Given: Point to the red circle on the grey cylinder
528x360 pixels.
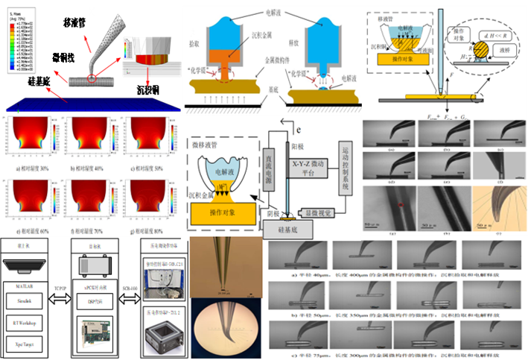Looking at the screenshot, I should click(92, 76).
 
